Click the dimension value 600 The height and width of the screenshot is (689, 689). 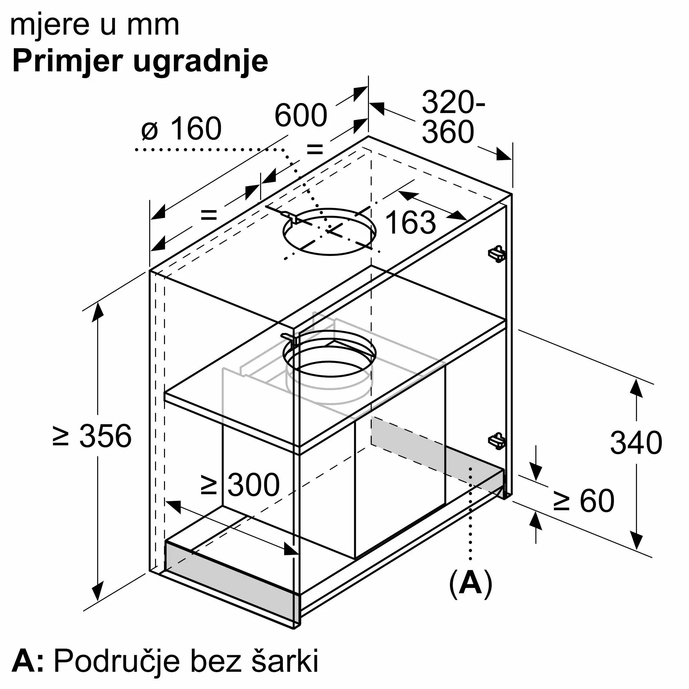pos(301,115)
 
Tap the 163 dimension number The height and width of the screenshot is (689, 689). pos(410,223)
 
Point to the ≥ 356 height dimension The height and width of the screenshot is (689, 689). pos(92,436)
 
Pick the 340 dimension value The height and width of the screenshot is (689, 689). pos(636,443)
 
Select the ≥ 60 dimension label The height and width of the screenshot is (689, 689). pos(584,501)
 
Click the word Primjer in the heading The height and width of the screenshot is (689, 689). pos(68,61)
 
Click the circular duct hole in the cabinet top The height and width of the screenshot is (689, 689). pos(329,232)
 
